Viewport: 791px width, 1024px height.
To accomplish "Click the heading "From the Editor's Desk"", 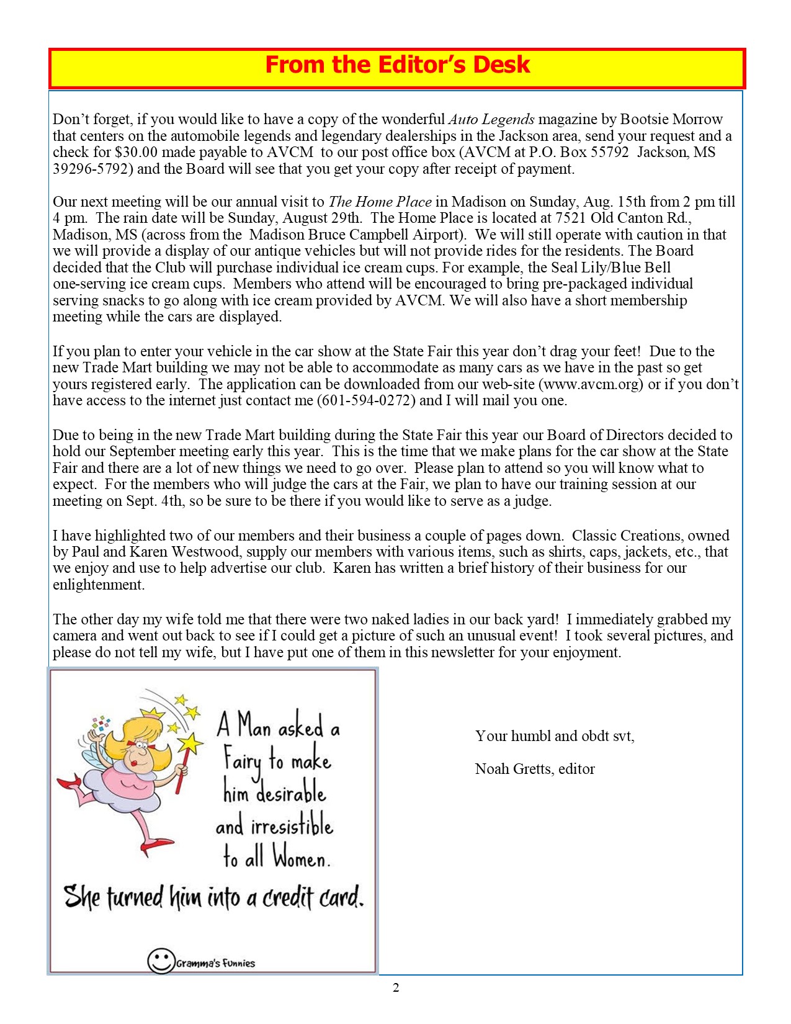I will pyautogui.click(x=397, y=65).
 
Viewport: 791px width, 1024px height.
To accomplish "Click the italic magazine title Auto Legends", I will pyautogui.click(x=491, y=119).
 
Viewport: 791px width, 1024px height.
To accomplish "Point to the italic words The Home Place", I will pyautogui.click(x=380, y=202).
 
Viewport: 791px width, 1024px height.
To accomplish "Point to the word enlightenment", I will pyautogui.click(x=98, y=585).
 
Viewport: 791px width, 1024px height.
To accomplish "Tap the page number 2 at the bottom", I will pyautogui.click(x=396, y=987).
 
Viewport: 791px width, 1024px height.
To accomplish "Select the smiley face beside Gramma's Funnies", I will pyautogui.click(x=161, y=961).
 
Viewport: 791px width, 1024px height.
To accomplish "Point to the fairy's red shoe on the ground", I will pyautogui.click(x=156, y=844).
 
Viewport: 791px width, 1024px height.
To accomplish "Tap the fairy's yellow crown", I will pyautogui.click(x=153, y=713).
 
